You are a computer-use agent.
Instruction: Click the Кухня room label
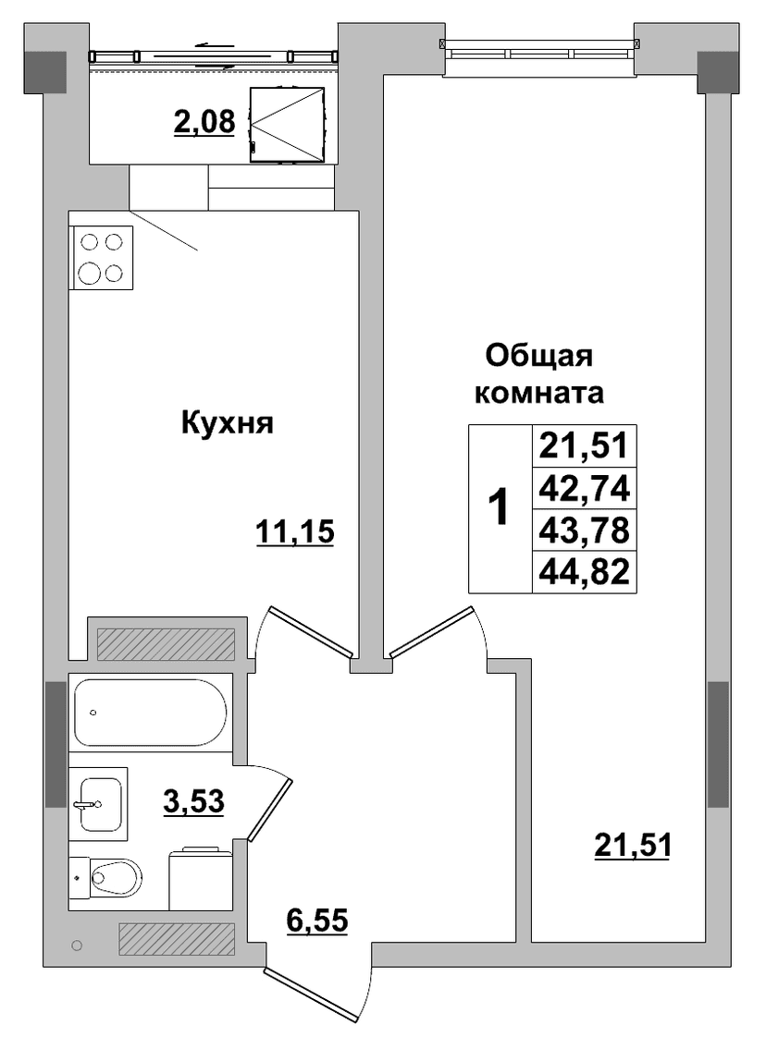coord(228,424)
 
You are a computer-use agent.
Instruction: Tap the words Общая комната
coord(539,374)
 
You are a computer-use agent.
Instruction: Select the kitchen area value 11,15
coord(294,533)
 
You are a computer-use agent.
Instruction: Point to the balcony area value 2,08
coord(204,122)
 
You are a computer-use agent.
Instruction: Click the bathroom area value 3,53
coord(193,800)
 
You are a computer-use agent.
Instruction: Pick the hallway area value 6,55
coord(317,921)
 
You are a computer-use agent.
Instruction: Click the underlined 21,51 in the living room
coord(632,846)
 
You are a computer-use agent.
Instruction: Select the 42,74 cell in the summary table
coord(585,489)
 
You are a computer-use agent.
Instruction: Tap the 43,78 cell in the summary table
coord(585,531)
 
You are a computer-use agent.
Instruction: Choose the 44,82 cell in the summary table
coord(585,572)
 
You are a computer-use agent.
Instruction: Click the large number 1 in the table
coord(499,507)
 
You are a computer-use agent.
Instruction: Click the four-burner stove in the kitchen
coord(101,258)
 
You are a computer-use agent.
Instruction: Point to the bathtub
coord(151,713)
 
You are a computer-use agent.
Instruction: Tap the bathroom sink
coord(98,803)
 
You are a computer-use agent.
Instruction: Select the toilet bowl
coord(115,876)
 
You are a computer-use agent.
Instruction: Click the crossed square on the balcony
coord(287,125)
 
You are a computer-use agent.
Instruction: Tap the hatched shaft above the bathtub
coord(166,643)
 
